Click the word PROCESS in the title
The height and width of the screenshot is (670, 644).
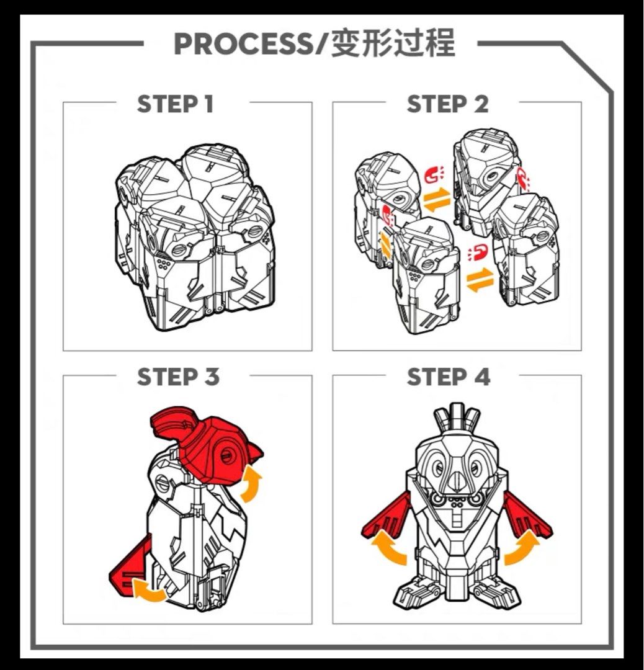point(243,43)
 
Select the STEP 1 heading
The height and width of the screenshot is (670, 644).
point(175,104)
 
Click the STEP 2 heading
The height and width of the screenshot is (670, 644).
point(447,104)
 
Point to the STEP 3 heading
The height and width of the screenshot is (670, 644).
point(178,377)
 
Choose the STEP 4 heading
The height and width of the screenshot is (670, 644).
point(449,377)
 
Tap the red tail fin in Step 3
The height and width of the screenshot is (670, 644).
point(130,566)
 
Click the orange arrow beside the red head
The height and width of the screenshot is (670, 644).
point(251,483)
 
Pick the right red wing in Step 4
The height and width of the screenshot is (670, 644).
point(527,516)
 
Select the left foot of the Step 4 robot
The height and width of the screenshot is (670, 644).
point(418,592)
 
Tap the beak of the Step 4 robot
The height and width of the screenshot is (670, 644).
point(456,478)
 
